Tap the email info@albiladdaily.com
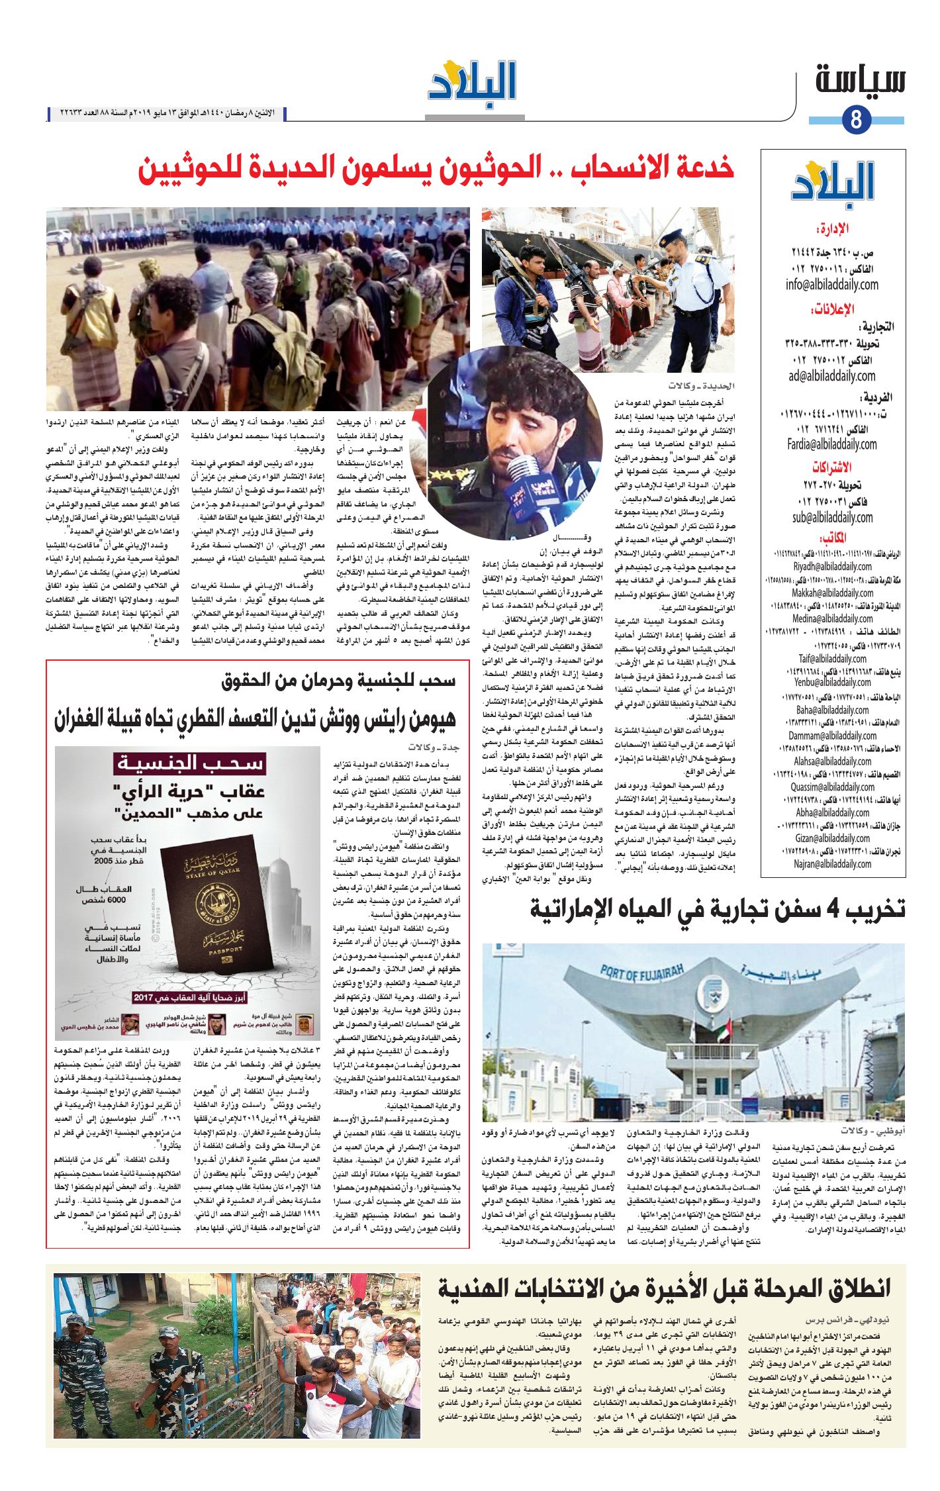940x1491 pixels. pos(832,285)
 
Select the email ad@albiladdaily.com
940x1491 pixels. pos(831,376)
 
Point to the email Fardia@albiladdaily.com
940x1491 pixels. pos(831,444)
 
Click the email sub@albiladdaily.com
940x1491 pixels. pos(832,517)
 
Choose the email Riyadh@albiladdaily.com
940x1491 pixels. pos(832,567)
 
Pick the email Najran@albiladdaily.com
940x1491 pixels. pos(832,864)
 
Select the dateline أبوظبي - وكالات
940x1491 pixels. pos(872,1130)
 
